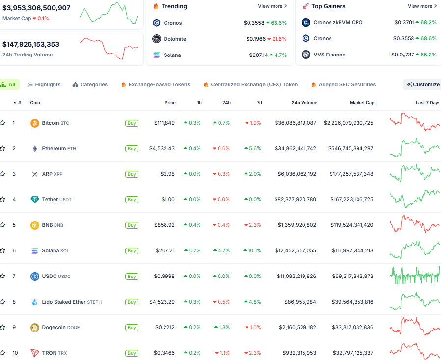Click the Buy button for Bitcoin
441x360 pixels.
coord(132,123)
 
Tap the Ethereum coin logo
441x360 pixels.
coord(34,148)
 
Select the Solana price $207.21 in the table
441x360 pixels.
coord(165,250)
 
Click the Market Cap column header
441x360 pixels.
coord(361,103)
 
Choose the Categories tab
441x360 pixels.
coord(90,84)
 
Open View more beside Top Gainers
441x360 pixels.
coord(422,6)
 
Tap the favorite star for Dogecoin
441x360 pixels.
coord(3,327)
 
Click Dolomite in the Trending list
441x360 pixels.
coord(175,39)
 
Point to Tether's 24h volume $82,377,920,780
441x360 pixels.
coord(295,199)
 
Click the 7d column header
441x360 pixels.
coord(259,103)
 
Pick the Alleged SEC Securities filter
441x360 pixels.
coord(347,84)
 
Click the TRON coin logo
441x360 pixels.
coord(34,353)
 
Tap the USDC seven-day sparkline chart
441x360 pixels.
coord(414,276)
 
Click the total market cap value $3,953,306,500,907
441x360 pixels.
coord(36,8)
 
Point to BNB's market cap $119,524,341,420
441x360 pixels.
coord(348,225)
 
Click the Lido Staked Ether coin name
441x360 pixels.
coord(64,302)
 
